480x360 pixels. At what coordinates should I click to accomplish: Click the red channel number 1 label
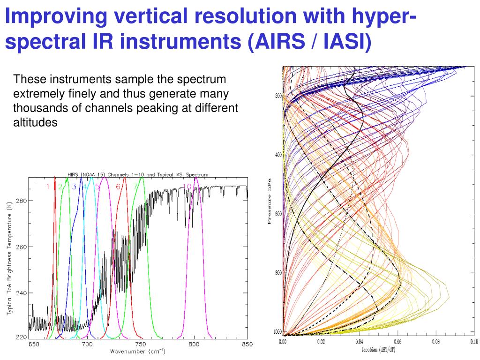coord(47,187)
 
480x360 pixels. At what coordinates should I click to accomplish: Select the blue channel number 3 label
coord(74,187)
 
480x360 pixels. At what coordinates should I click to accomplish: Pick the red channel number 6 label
coord(118,187)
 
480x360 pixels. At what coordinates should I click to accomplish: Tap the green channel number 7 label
coord(135,187)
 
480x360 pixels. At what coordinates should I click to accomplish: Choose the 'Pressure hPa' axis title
coord(270,201)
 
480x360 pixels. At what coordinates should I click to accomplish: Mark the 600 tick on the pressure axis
coord(278,214)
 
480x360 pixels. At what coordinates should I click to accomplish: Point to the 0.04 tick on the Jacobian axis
coord(360,342)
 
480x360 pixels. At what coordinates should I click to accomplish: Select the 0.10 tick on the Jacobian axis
coord(473,342)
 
